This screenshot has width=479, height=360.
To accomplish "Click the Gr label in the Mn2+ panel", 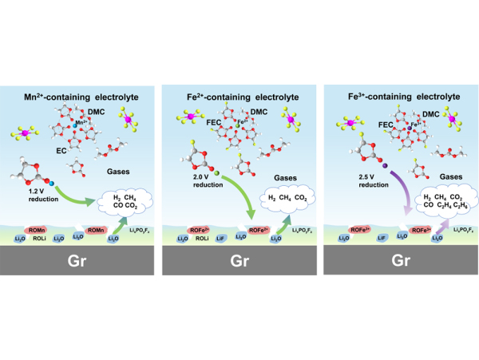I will click(x=74, y=260).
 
